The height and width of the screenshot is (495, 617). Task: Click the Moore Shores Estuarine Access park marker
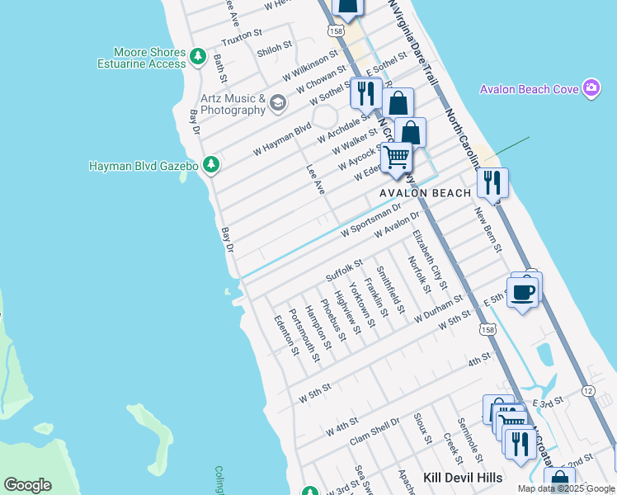pyautogui.click(x=197, y=57)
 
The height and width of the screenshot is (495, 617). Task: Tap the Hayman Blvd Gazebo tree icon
pyautogui.click(x=212, y=166)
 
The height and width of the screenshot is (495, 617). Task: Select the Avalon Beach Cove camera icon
pyautogui.click(x=591, y=88)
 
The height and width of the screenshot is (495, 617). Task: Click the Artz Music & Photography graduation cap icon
pyautogui.click(x=277, y=103)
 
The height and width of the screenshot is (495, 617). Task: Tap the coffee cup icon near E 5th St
pyautogui.click(x=523, y=292)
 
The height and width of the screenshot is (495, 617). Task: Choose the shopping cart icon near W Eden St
pyautogui.click(x=397, y=156)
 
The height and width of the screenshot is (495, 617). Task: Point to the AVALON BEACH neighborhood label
pyautogui.click(x=425, y=193)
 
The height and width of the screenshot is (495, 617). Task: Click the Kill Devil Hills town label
pyautogui.click(x=469, y=478)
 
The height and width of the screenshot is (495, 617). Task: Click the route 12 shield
pyautogui.click(x=587, y=389)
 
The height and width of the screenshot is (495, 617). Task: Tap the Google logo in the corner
pyautogui.click(x=27, y=485)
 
